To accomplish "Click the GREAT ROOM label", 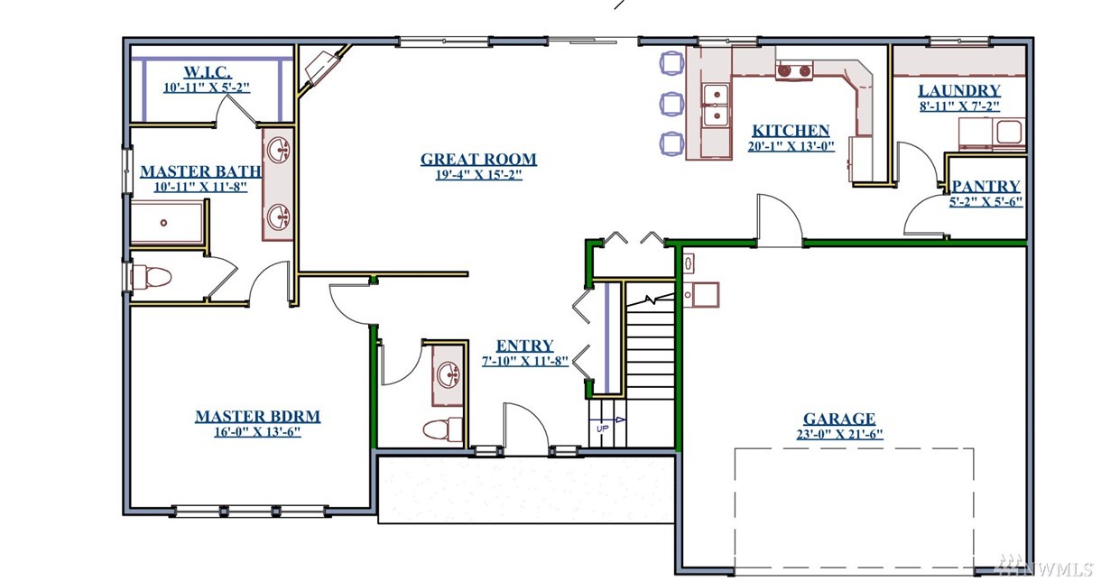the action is (478, 160).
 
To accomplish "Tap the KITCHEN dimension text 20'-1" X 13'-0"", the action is (791, 146).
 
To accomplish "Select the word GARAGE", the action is (839, 419).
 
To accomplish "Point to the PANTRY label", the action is (986, 186).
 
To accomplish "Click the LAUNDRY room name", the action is (959, 90).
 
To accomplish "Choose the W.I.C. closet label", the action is (208, 72).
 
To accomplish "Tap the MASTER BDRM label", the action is (257, 416).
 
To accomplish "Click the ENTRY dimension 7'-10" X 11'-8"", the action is (525, 361).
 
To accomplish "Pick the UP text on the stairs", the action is (603, 429).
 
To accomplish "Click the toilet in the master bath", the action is (151, 278).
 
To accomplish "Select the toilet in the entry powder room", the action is (442, 429).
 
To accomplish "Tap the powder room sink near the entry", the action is (449, 375).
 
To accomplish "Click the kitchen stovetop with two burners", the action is (794, 70).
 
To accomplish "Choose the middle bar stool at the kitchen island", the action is (671, 104).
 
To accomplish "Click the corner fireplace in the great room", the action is (323, 68).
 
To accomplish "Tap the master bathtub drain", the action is (163, 223).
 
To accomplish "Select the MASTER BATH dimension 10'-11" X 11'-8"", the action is (200, 188).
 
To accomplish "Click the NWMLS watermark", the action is (1045, 569).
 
